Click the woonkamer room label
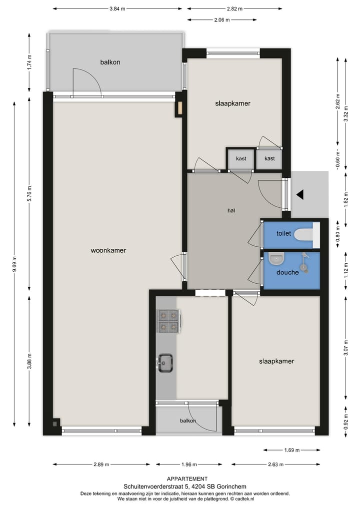coord(108,250)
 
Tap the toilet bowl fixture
coord(303,234)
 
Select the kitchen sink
coord(165,363)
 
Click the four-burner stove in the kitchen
coord(168,321)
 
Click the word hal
coord(231,210)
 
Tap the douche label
coord(287,272)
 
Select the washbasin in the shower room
coord(275,259)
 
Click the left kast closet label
coord(241,159)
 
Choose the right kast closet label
coord(269,159)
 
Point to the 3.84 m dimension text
coord(117,8)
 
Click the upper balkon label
coord(110,62)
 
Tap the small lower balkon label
coord(188,421)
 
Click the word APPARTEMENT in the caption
coord(187,479)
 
